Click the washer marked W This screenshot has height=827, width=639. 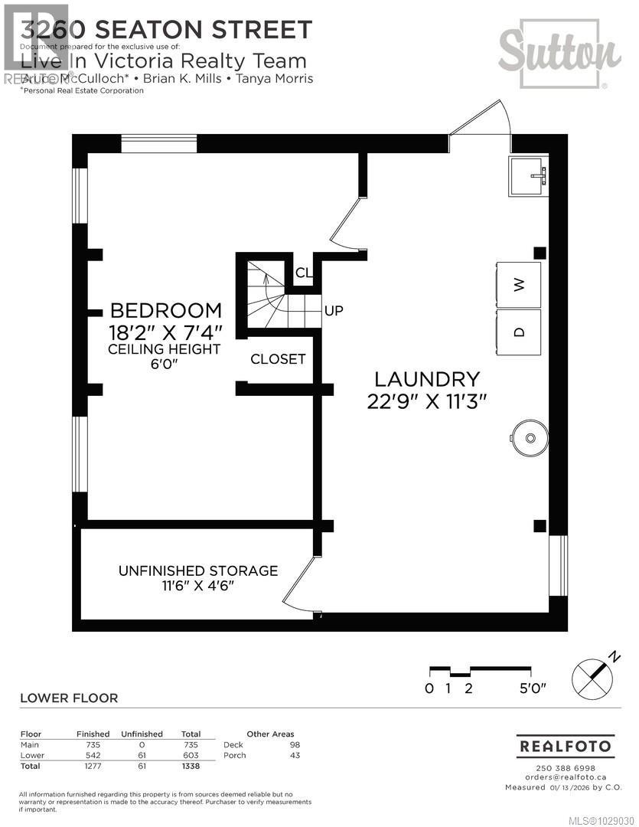[519, 285]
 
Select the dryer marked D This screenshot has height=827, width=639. [519, 332]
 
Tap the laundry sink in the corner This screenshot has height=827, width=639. [529, 177]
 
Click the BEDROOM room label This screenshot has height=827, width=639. [166, 311]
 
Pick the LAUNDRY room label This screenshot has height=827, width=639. [427, 379]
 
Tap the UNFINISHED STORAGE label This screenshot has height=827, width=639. [197, 570]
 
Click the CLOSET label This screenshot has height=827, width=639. [278, 359]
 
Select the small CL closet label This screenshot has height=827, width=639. [304, 273]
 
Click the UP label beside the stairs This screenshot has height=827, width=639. [334, 311]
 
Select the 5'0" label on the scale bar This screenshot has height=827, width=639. [533, 688]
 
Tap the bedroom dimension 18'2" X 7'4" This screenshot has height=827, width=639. [166, 332]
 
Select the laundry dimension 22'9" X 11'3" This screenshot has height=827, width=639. [427, 401]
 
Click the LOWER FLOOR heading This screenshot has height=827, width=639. [69, 698]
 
